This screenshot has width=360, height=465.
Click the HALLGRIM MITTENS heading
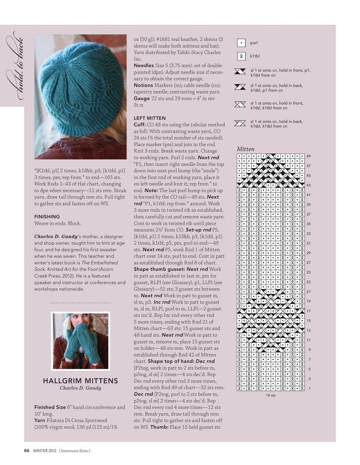[x=81, y=381]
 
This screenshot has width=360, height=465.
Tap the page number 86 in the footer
[x=27, y=451]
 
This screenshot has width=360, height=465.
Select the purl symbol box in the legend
[x=241, y=43]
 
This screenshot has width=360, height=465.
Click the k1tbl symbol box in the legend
[x=241, y=56]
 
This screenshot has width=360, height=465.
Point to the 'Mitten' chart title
[x=246, y=149]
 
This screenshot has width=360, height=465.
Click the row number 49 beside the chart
[x=309, y=156]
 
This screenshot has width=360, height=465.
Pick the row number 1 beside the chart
[x=310, y=388]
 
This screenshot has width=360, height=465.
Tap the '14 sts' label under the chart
[x=271, y=395]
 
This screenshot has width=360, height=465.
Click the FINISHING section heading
[x=47, y=217]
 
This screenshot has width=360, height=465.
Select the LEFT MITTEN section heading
[x=150, y=118]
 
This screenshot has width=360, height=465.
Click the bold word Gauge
[x=142, y=98]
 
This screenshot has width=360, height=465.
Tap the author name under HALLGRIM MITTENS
[x=81, y=388]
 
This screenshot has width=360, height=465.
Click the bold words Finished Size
[x=50, y=407]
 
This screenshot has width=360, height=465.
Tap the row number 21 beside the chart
[x=309, y=292]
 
